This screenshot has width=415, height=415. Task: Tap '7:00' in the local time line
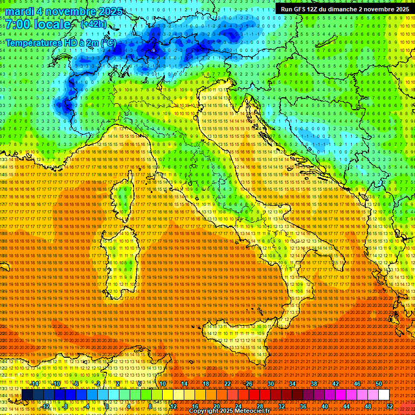tap(18, 24)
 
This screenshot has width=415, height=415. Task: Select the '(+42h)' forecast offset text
tap(93, 24)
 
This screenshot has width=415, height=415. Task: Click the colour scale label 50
tap(378, 383)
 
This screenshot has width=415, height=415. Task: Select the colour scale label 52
tap(389, 406)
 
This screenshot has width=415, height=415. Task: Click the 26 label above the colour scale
tap(249, 383)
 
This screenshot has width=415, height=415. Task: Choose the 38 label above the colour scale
tap(314, 383)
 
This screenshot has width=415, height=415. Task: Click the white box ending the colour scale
tap(384, 394)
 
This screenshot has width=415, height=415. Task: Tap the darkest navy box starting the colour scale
tap(27, 394)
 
